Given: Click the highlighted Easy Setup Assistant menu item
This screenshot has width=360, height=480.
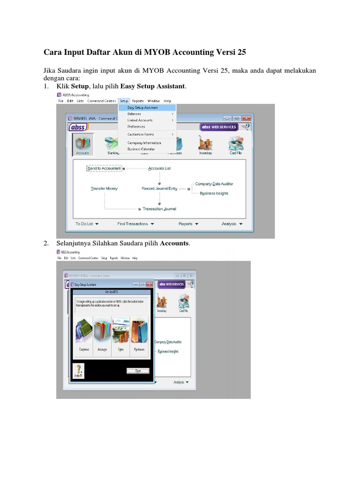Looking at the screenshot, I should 142,107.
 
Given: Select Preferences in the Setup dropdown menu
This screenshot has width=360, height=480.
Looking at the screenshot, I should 136,127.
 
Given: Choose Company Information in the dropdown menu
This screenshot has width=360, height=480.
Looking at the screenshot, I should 144,143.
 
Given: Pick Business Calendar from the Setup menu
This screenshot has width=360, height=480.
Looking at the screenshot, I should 141,149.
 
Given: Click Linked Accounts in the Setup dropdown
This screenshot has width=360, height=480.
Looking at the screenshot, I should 139,120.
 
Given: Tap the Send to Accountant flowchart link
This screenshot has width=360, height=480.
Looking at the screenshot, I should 104,168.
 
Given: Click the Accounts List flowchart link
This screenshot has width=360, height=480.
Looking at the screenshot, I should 159,168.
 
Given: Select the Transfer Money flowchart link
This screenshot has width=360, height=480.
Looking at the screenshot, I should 104,188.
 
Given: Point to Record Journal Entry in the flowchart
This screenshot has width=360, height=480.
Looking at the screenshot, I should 159,188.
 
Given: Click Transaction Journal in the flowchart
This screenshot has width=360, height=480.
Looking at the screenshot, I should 159,209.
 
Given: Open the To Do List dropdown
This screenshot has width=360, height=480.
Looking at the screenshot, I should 87,224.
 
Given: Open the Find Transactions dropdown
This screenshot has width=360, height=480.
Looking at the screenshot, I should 135,224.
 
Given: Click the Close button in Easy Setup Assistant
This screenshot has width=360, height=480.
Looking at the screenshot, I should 138,370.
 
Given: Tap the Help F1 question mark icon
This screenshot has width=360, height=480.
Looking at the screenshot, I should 77,369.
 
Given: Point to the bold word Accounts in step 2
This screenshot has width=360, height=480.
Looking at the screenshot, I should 174,244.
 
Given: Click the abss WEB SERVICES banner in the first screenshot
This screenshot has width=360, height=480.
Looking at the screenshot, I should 218,127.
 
